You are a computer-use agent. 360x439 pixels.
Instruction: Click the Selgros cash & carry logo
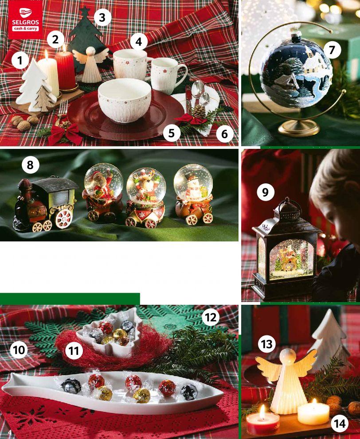tap(26, 19)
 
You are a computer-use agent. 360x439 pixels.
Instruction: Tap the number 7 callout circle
tap(332, 50)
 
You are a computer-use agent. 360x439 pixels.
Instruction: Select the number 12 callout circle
tap(211, 318)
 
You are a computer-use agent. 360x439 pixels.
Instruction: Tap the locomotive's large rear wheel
tap(64, 219)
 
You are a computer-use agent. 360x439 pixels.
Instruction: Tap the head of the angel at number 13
tap(289, 357)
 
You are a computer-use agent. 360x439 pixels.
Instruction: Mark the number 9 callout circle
tap(266, 192)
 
